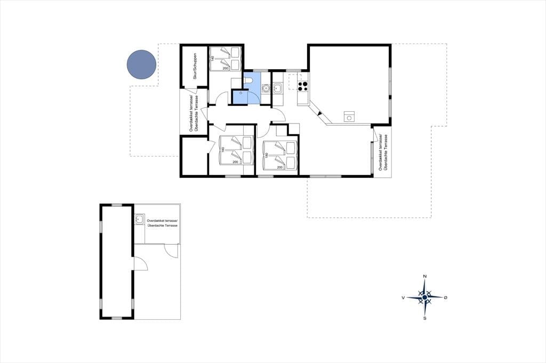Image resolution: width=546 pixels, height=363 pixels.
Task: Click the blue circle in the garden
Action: (x=141, y=64)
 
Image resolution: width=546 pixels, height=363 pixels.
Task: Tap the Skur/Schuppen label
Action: (x=195, y=66)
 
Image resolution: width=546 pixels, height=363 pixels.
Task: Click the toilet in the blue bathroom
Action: (x=248, y=81)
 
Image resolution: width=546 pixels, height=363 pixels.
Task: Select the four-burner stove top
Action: (x=303, y=86)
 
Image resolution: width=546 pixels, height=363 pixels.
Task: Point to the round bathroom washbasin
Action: (x=266, y=88)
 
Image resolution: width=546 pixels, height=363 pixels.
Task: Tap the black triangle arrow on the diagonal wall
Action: (x=320, y=113)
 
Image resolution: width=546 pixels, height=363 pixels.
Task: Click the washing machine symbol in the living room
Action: (x=349, y=117)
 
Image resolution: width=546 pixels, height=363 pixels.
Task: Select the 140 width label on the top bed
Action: (x=212, y=59)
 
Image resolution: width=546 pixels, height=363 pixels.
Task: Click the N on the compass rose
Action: (x=425, y=276)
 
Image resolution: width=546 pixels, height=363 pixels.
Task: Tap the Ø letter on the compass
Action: (x=446, y=298)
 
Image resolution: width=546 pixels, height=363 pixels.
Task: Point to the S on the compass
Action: (x=425, y=318)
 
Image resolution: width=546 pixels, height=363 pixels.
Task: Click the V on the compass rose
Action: (x=403, y=298)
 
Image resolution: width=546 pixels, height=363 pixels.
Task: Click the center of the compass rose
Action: (x=425, y=298)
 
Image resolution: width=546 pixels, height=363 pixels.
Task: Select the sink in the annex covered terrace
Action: (x=140, y=219)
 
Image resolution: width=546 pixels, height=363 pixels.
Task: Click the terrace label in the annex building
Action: (x=163, y=223)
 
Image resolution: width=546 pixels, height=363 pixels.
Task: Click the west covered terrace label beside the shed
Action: (x=194, y=113)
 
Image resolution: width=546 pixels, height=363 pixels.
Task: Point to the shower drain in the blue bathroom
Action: (x=240, y=94)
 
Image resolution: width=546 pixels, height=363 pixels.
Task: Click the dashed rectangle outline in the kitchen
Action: (x=294, y=80)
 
